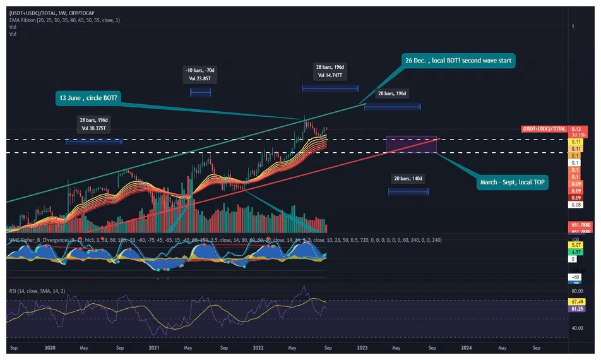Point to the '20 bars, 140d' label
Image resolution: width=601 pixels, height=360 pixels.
pos(408,179)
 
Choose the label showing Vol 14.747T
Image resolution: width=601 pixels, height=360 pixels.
pos(331,75)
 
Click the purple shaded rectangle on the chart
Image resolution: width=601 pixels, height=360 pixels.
pos(411,143)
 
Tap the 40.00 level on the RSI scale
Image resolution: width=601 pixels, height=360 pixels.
pos(577,328)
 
